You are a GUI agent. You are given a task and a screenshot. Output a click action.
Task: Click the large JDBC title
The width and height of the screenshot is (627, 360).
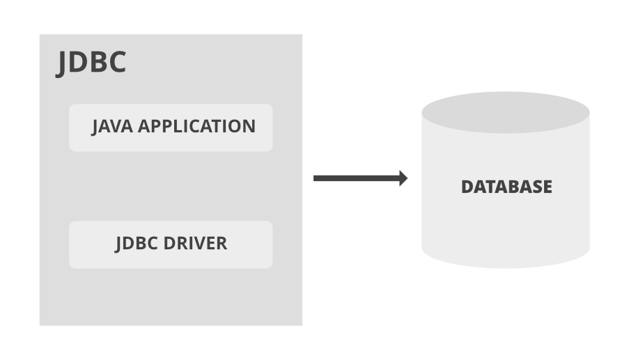pyautogui.click(x=91, y=61)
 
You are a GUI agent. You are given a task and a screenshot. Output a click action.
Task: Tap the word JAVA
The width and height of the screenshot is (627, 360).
pyautogui.click(x=112, y=127)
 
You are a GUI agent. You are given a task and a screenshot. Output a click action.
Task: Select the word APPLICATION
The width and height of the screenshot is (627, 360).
pyautogui.click(x=197, y=127)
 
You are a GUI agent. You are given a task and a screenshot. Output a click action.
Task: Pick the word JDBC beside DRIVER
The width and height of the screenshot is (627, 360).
pyautogui.click(x=137, y=244)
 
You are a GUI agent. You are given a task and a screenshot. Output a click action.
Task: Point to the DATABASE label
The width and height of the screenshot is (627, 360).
pyautogui.click(x=506, y=187)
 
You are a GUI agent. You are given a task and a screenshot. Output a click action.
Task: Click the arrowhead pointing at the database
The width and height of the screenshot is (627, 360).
pyautogui.click(x=403, y=178)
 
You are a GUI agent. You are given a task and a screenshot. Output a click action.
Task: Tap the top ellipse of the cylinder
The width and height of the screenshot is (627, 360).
pyautogui.click(x=506, y=112)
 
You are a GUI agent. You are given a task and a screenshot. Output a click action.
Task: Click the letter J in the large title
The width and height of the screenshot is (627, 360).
pyautogui.click(x=63, y=63)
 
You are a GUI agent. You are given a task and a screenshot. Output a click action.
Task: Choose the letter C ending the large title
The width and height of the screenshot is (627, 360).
pyautogui.click(x=116, y=61)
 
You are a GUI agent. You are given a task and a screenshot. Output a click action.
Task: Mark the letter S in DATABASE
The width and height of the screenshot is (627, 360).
pyautogui.click(x=534, y=187)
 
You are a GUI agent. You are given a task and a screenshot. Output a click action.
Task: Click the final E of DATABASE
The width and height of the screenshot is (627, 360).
pyautogui.click(x=547, y=187)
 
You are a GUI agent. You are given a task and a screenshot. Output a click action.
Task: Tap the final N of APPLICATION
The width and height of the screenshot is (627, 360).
pyautogui.click(x=249, y=127)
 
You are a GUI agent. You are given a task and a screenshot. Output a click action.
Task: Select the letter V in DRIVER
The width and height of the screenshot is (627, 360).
pyautogui.click(x=197, y=244)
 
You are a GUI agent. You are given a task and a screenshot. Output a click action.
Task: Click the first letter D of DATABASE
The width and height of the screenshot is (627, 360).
pyautogui.click(x=467, y=187)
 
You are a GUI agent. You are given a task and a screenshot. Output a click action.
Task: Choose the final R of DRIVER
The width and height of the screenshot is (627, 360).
pyautogui.click(x=222, y=244)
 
